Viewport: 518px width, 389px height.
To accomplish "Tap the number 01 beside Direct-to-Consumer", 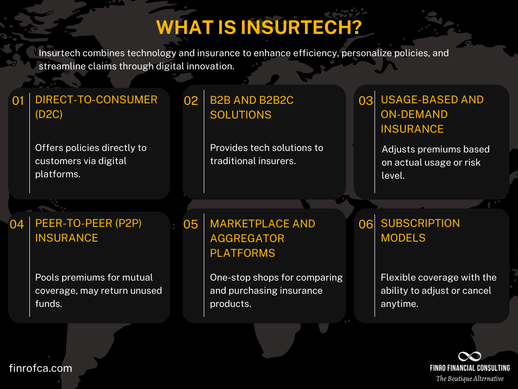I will click(18, 101).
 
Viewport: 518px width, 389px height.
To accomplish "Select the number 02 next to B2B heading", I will click(191, 101).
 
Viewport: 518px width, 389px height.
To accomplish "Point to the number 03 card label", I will click(366, 101).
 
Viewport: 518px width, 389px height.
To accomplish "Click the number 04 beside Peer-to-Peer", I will click(17, 224).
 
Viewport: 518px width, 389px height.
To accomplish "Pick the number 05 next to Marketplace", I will click(191, 224).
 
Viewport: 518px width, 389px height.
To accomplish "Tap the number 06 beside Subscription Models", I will click(366, 224).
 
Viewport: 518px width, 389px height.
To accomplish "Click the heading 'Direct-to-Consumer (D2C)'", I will click(96, 107).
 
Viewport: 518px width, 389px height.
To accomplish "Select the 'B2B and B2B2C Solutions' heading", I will click(251, 107).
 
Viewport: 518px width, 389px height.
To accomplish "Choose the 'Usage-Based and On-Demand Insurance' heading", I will click(432, 114).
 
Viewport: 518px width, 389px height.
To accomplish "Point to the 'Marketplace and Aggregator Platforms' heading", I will click(263, 238).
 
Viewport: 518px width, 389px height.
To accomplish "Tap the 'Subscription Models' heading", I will click(420, 230).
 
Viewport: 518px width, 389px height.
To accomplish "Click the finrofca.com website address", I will click(40, 368).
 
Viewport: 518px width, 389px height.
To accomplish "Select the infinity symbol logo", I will click(469, 356).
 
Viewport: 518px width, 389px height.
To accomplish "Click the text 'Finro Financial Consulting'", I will click(469, 368).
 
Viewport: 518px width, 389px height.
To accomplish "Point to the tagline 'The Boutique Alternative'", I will click(469, 378).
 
